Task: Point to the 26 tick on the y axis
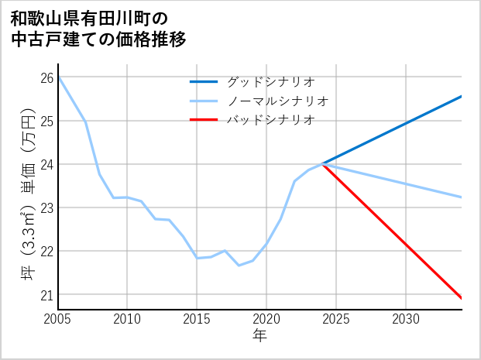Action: click(x=46, y=77)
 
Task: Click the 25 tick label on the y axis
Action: click(x=46, y=121)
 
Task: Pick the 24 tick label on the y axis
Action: click(x=46, y=164)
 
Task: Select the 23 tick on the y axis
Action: click(x=46, y=207)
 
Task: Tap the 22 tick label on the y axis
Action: click(x=46, y=251)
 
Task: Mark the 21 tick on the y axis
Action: click(x=46, y=294)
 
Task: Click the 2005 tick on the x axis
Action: click(x=58, y=319)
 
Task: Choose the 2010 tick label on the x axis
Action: click(x=127, y=319)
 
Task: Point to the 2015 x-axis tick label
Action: click(x=197, y=319)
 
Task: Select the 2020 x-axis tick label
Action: click(x=266, y=319)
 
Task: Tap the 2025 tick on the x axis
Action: click(x=336, y=319)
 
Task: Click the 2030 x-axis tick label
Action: click(x=406, y=319)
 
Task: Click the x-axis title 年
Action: click(x=259, y=335)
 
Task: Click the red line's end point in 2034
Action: click(x=462, y=298)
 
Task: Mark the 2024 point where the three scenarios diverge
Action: click(x=322, y=164)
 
